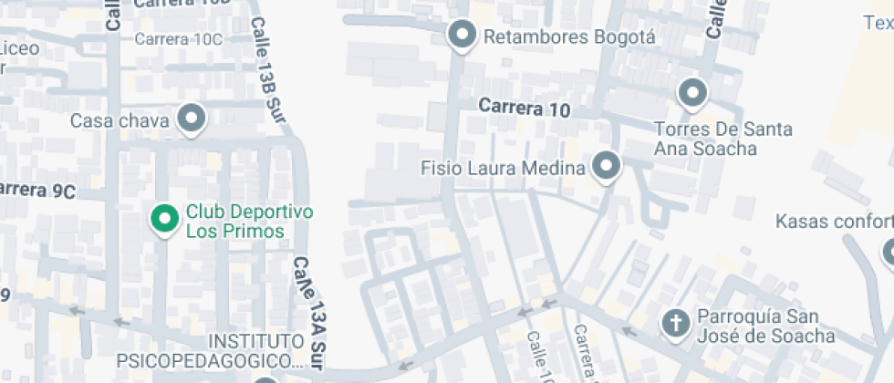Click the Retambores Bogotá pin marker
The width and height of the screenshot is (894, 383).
pos(463,36)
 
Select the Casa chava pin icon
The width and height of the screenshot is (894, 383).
pos(191,118)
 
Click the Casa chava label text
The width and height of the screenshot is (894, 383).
pos(120,120)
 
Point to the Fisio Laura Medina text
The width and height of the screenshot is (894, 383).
pos(503,169)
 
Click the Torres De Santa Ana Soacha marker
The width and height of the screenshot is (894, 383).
pos(692,92)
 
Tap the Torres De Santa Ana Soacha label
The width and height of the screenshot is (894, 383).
pos(722,139)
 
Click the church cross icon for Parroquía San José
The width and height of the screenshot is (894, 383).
pos(675,323)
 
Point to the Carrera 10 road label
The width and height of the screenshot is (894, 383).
pos(525,109)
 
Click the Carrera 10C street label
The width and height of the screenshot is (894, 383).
pos(178,38)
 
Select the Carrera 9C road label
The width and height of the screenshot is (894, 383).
pos(38,191)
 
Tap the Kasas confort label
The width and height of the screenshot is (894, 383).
pos(833,222)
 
